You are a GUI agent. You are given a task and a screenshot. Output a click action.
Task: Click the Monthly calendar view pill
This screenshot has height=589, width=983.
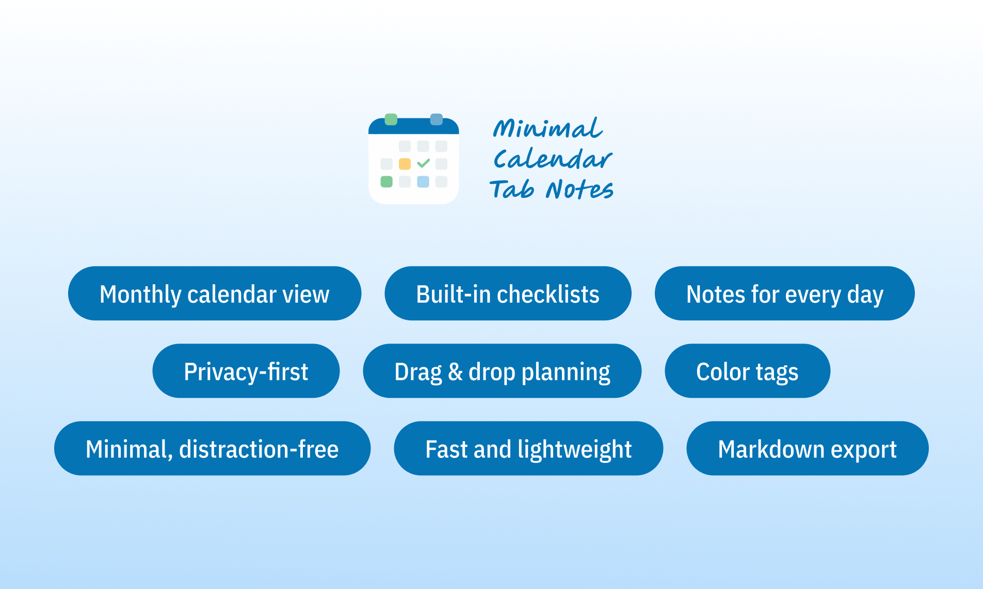(214, 293)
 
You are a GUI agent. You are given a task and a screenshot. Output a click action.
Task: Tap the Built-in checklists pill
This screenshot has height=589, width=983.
(508, 293)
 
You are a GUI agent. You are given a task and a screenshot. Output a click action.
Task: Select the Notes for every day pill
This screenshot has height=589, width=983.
(784, 293)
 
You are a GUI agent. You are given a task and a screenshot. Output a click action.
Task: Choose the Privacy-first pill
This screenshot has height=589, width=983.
(246, 371)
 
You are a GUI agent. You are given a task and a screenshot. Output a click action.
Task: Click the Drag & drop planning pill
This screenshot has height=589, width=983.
(502, 371)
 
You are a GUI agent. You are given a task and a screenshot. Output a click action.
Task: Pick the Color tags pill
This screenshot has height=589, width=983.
(747, 371)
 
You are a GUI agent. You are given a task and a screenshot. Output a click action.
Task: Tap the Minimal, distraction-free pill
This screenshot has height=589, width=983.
(212, 448)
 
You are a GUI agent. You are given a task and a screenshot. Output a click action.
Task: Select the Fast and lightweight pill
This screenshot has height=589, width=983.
(528, 448)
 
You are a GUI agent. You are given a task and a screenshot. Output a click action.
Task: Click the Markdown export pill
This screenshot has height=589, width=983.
(807, 448)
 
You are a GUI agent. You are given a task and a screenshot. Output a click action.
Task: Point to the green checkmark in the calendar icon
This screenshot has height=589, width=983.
(423, 163)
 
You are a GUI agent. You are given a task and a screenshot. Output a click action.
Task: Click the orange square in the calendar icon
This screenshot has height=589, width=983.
(405, 164)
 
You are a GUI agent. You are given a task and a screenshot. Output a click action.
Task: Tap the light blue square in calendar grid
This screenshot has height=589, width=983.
(423, 182)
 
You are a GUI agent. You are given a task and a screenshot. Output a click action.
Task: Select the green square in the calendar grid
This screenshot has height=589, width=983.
(386, 182)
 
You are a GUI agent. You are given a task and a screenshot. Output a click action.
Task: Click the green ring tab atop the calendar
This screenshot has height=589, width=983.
(391, 119)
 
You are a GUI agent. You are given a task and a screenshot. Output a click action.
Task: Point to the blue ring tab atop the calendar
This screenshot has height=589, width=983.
(437, 119)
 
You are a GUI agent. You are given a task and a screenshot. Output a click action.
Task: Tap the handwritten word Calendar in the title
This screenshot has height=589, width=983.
(552, 159)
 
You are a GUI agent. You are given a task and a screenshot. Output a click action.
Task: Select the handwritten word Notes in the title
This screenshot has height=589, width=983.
(579, 189)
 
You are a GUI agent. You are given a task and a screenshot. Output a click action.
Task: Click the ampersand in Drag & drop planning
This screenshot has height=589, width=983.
(455, 371)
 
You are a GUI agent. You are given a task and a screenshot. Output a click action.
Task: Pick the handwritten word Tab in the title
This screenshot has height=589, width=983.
(511, 189)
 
